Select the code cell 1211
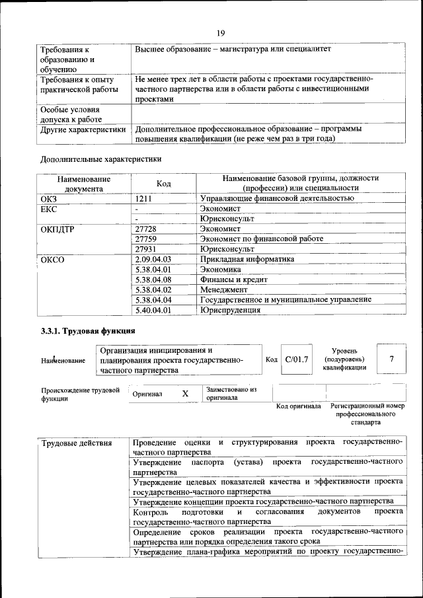pyautogui.click(x=145, y=198)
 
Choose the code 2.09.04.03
pyautogui.click(x=153, y=260)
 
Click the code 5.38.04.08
pyautogui.click(x=153, y=280)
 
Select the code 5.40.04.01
pyautogui.click(x=153, y=309)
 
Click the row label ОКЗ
pyautogui.click(x=50, y=198)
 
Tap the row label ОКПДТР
pyautogui.click(x=58, y=229)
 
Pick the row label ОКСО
pyautogui.click(x=52, y=260)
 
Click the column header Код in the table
pyautogui.click(x=165, y=183)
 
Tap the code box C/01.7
pyautogui.click(x=296, y=359)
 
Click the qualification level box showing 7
pyautogui.click(x=392, y=359)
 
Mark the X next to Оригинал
pyautogui.click(x=185, y=394)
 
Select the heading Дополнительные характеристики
pyautogui.click(x=100, y=159)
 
